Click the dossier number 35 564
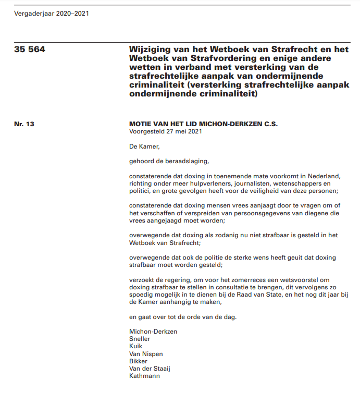(30, 50)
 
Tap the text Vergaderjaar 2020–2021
(52, 14)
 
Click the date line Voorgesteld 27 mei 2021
(165, 131)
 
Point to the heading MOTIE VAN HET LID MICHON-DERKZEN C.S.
(204, 124)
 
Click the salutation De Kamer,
(145, 146)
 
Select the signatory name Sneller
(140, 339)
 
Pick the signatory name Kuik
(135, 346)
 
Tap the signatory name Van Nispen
(146, 353)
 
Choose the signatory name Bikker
(138, 361)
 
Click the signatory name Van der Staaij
(150, 368)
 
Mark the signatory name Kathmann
(144, 375)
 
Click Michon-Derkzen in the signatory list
(153, 331)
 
